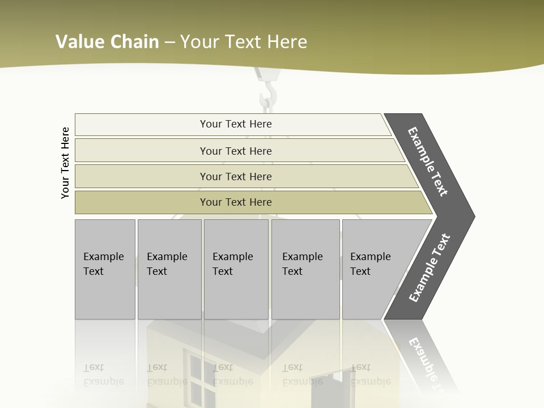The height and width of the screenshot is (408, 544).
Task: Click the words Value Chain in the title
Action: point(107,41)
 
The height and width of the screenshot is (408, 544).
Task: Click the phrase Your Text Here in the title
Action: point(244,41)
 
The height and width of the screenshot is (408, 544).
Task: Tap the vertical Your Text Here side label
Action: point(65,163)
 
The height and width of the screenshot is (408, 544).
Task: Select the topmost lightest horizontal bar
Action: point(232,124)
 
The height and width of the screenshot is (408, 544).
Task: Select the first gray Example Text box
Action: point(105,269)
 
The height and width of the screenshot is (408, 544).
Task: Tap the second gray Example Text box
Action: point(169,269)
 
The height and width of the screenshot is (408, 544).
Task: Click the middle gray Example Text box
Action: point(236,269)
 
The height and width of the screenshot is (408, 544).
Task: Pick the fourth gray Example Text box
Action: point(305,269)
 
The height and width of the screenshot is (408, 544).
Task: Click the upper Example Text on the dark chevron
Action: point(428,162)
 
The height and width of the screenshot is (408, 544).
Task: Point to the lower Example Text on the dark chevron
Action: point(429,268)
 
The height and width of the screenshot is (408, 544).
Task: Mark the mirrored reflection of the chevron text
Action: point(428,363)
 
